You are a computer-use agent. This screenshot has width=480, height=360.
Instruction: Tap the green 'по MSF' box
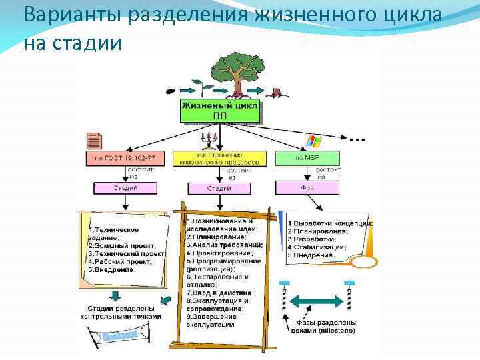[x=307, y=159]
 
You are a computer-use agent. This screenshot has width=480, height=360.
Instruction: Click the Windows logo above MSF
[x=312, y=141]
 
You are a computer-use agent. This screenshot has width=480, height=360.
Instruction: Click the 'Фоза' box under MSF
[x=307, y=188]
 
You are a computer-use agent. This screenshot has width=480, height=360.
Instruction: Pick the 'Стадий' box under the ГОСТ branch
[x=125, y=188]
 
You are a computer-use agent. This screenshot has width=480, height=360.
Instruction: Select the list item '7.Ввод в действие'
[x=220, y=293]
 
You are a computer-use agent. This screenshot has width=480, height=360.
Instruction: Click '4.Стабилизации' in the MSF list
[x=317, y=247]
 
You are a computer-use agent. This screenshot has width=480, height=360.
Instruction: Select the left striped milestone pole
[x=284, y=297]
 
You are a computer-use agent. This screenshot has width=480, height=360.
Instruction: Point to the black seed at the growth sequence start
[x=172, y=89]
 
